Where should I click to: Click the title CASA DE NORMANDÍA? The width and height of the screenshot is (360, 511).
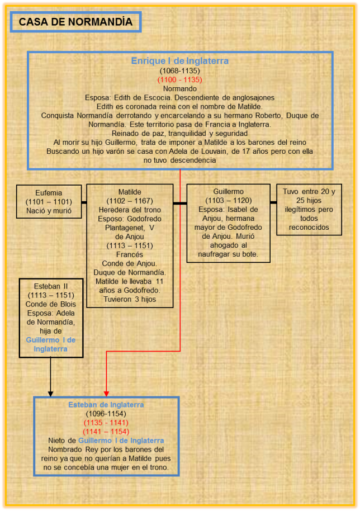(75, 22)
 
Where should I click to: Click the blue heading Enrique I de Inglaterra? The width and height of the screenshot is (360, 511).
(179, 61)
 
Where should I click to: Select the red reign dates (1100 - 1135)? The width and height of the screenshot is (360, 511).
(179, 80)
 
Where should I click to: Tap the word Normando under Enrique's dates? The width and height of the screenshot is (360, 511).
(179, 88)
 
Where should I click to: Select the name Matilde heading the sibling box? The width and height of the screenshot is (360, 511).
(130, 192)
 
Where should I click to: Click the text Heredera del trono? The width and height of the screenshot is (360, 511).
(130, 210)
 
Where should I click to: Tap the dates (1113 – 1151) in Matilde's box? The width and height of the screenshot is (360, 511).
(130, 245)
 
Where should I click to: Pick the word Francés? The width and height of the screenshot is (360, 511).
(130, 254)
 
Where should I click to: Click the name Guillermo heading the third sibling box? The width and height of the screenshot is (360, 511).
(228, 192)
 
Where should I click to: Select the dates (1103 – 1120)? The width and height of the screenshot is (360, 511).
(228, 201)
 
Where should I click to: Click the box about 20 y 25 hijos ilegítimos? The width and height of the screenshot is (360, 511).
(309, 210)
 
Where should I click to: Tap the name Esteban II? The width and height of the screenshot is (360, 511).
(50, 286)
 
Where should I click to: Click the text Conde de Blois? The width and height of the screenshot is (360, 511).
(50, 304)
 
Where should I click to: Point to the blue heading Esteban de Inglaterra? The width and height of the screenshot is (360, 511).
(106, 405)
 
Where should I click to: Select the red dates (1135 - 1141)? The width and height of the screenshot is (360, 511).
(106, 423)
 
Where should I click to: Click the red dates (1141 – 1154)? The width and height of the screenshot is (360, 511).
(106, 432)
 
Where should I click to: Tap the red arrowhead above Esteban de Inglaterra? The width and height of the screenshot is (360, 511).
(106, 393)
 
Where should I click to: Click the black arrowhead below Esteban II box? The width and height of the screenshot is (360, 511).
(50, 393)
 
